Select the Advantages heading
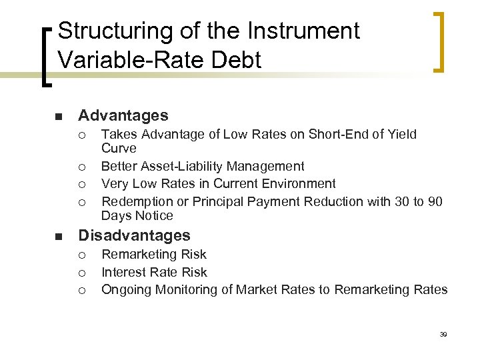(x=123, y=116)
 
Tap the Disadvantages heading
(x=134, y=235)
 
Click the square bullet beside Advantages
(x=58, y=117)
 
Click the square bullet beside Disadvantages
(x=58, y=237)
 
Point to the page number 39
(x=443, y=334)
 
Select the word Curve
(x=119, y=149)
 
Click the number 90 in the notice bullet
(x=434, y=201)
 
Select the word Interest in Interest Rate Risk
(x=123, y=272)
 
